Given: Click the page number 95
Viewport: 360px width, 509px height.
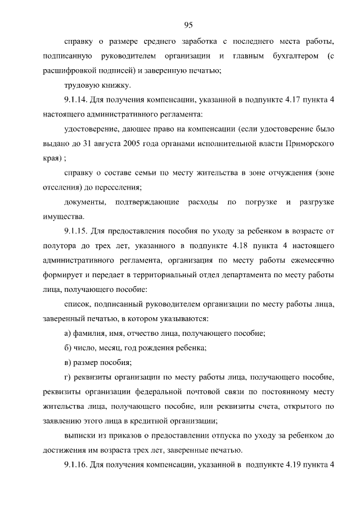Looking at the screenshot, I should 188,24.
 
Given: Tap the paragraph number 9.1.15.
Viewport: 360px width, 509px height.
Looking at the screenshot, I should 79,231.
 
